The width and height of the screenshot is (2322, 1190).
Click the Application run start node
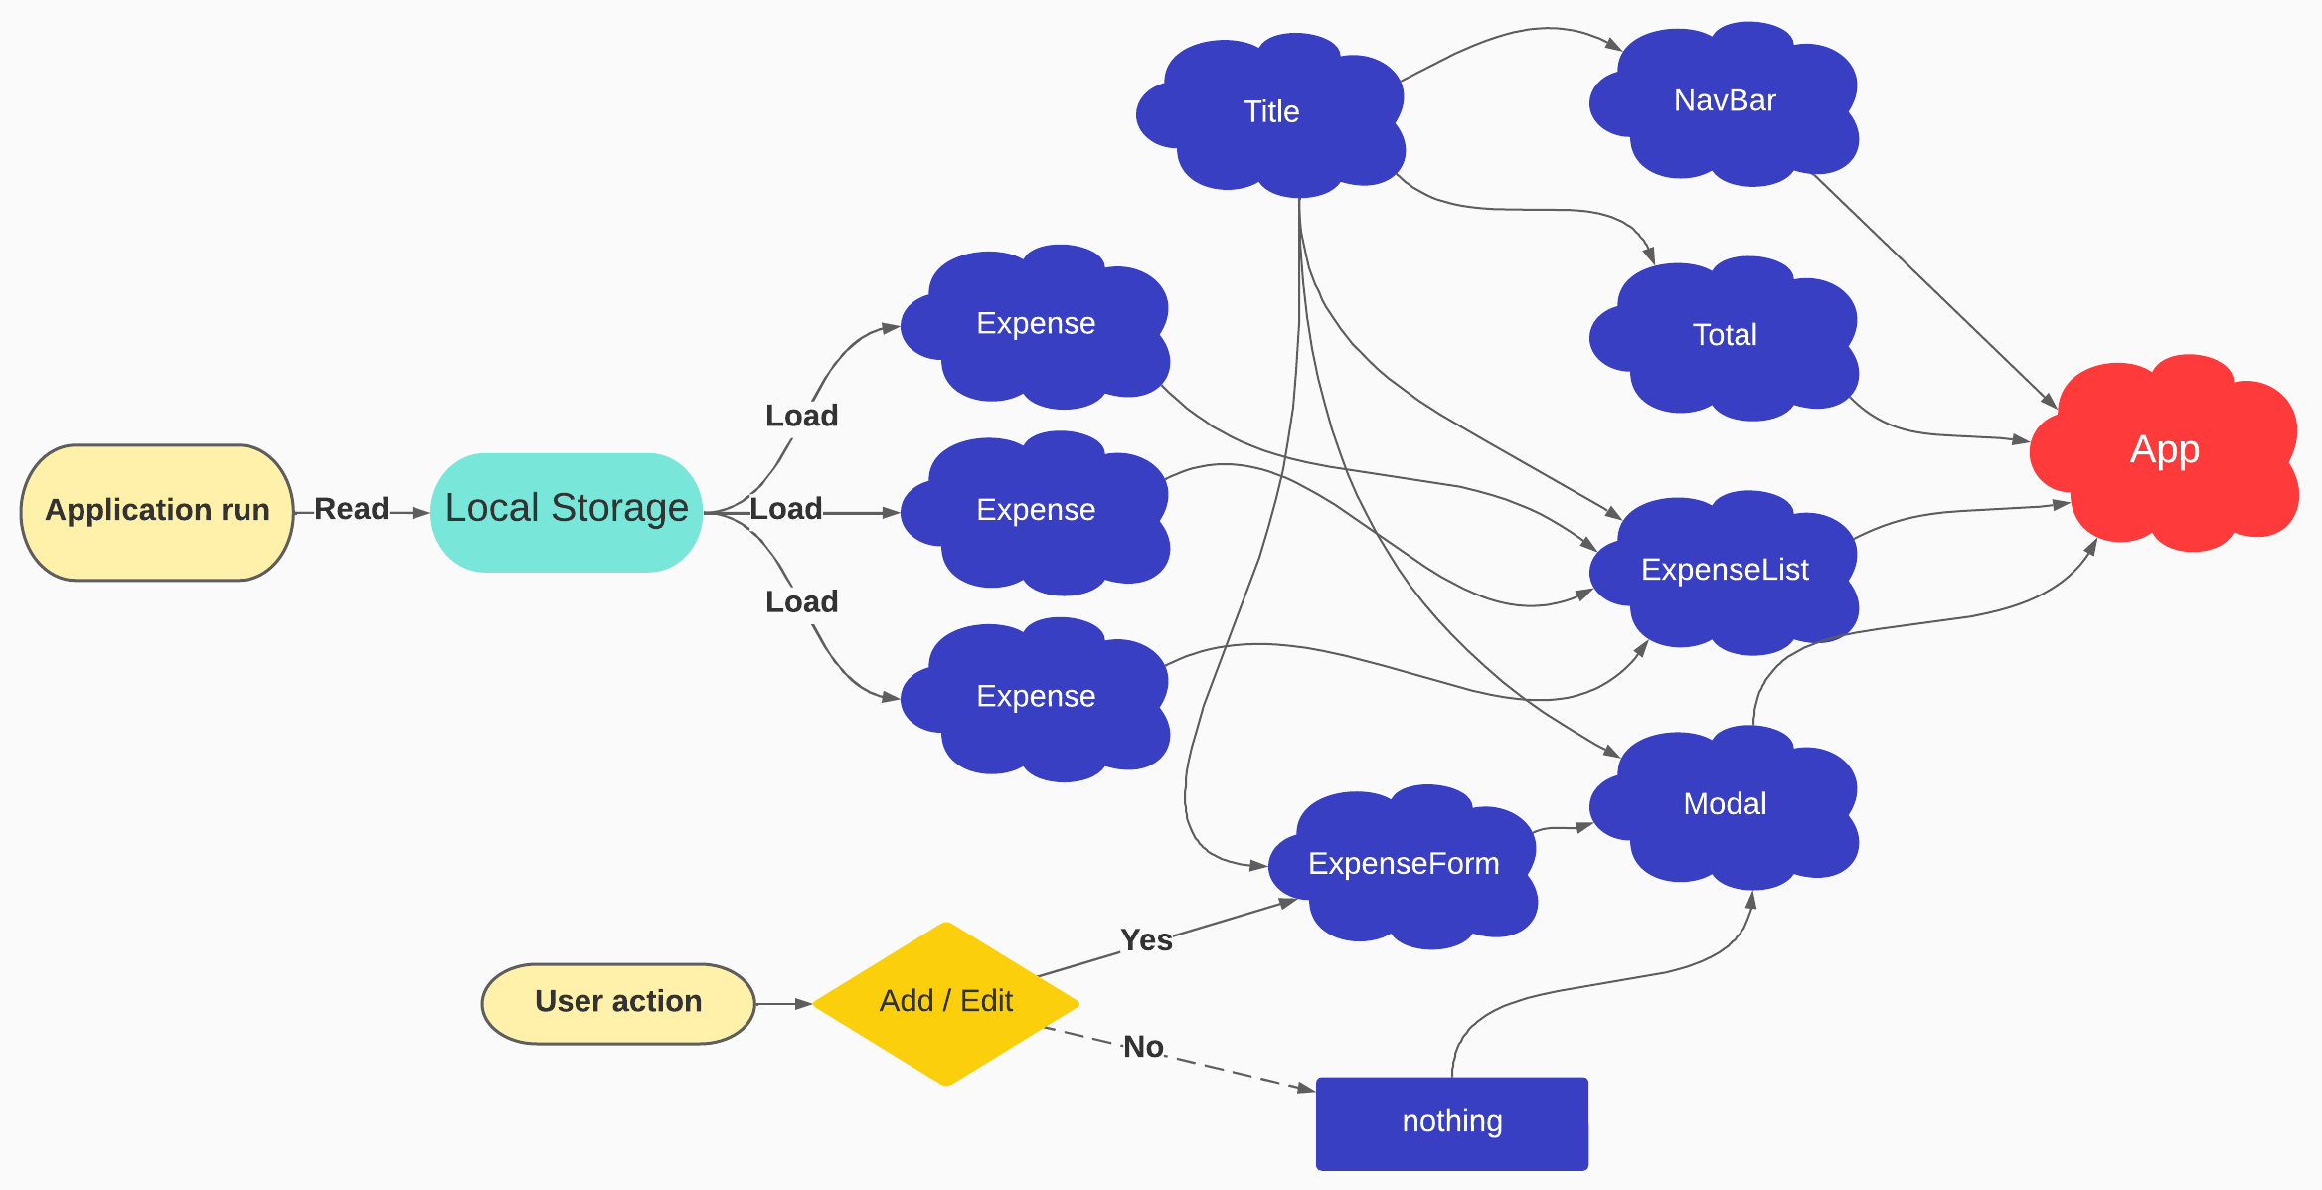pos(157,511)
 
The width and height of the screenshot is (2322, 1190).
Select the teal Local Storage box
pos(567,511)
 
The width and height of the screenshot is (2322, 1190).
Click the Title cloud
pos(1271,112)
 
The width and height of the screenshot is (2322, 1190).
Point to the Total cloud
pos(1725,336)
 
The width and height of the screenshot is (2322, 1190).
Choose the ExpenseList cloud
pos(1725,571)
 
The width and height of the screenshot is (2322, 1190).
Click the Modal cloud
pos(1725,804)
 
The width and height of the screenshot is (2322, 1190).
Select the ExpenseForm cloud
pos(1404,864)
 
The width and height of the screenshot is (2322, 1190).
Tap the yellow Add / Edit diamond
pos(946,1002)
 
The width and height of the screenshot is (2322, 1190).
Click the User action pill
pos(618,1002)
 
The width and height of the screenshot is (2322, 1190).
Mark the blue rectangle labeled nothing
pos(1451,1122)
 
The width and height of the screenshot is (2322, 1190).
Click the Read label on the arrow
pos(352,510)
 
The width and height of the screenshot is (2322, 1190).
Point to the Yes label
pos(1146,940)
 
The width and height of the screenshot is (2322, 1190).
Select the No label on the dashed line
pos(1143,1047)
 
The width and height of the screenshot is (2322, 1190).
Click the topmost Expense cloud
pos(1036,324)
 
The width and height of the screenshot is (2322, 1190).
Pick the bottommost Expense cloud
pos(1036,697)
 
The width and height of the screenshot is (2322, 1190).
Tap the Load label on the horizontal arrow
pos(785,510)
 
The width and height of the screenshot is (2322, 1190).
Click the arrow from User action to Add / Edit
pos(783,1004)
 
